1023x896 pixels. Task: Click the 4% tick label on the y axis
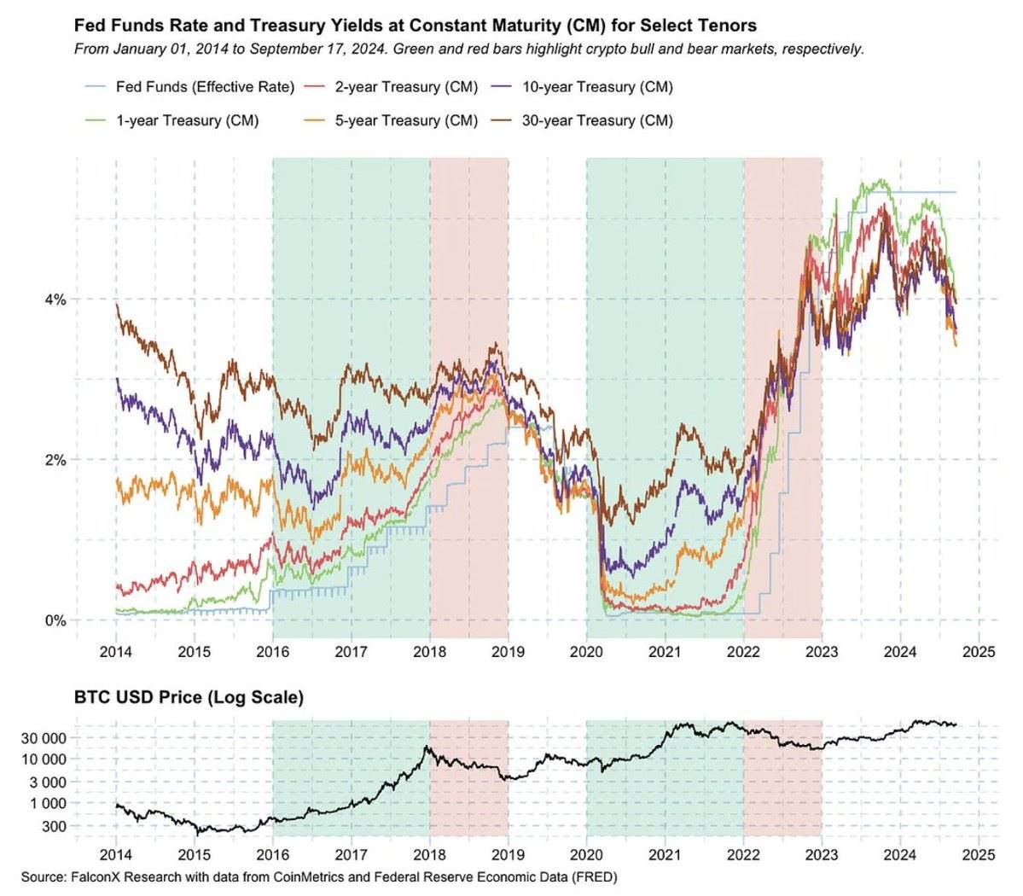pyautogui.click(x=55, y=300)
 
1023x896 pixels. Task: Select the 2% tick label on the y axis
pyautogui.click(x=55, y=460)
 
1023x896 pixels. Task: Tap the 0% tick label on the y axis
pyautogui.click(x=55, y=620)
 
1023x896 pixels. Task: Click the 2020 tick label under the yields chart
pyautogui.click(x=586, y=653)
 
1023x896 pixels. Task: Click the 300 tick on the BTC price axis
pyautogui.click(x=53, y=826)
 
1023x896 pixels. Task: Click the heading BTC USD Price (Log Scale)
pyautogui.click(x=189, y=697)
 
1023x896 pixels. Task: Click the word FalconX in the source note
pyautogui.click(x=96, y=877)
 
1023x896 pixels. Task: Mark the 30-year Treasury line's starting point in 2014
pyautogui.click(x=116, y=305)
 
